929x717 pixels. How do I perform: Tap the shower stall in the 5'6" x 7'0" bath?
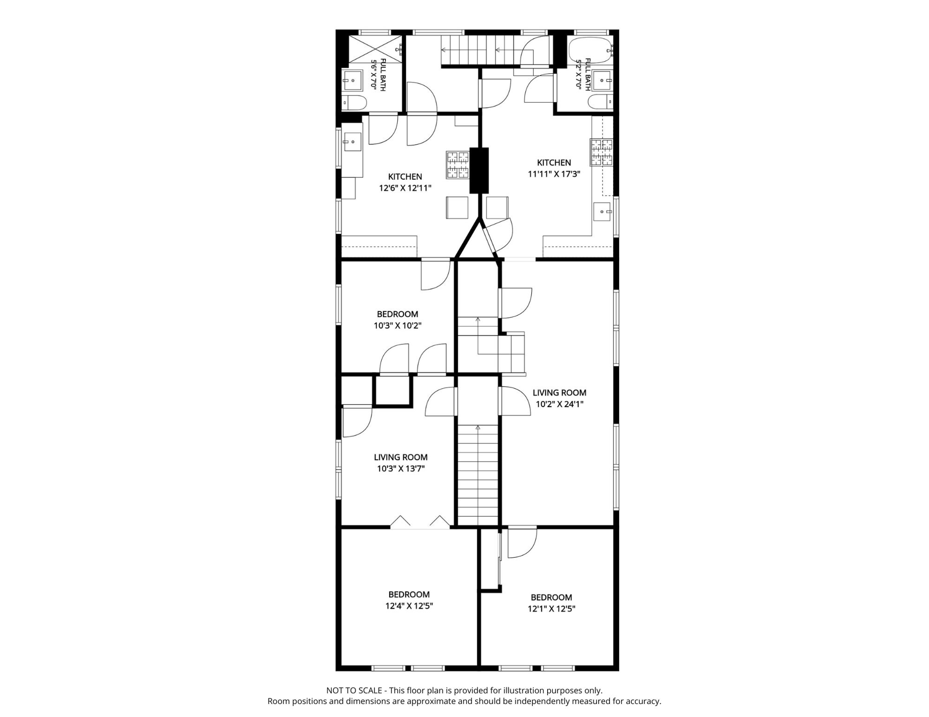[375, 49]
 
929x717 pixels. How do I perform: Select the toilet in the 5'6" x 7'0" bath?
[354, 103]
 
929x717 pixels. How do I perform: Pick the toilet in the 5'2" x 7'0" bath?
[600, 102]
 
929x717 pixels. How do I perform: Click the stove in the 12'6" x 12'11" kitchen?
[457, 165]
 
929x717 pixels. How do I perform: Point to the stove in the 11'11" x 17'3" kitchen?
[601, 152]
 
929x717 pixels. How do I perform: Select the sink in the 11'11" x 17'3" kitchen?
[603, 212]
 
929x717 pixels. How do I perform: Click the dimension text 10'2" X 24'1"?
[559, 404]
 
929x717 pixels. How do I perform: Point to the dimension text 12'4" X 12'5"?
[409, 606]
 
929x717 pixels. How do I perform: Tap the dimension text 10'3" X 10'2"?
[398, 325]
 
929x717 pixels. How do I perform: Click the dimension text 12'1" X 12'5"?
[551, 609]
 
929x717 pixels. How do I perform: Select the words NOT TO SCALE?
[354, 690]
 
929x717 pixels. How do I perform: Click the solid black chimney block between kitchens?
[479, 170]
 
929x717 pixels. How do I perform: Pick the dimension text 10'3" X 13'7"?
[400, 469]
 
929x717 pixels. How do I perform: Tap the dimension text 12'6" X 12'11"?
[405, 188]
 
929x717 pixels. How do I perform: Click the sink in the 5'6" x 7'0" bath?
[353, 81]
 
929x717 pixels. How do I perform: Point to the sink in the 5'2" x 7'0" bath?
[602, 81]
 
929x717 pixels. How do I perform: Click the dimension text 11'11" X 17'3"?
[554, 174]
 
